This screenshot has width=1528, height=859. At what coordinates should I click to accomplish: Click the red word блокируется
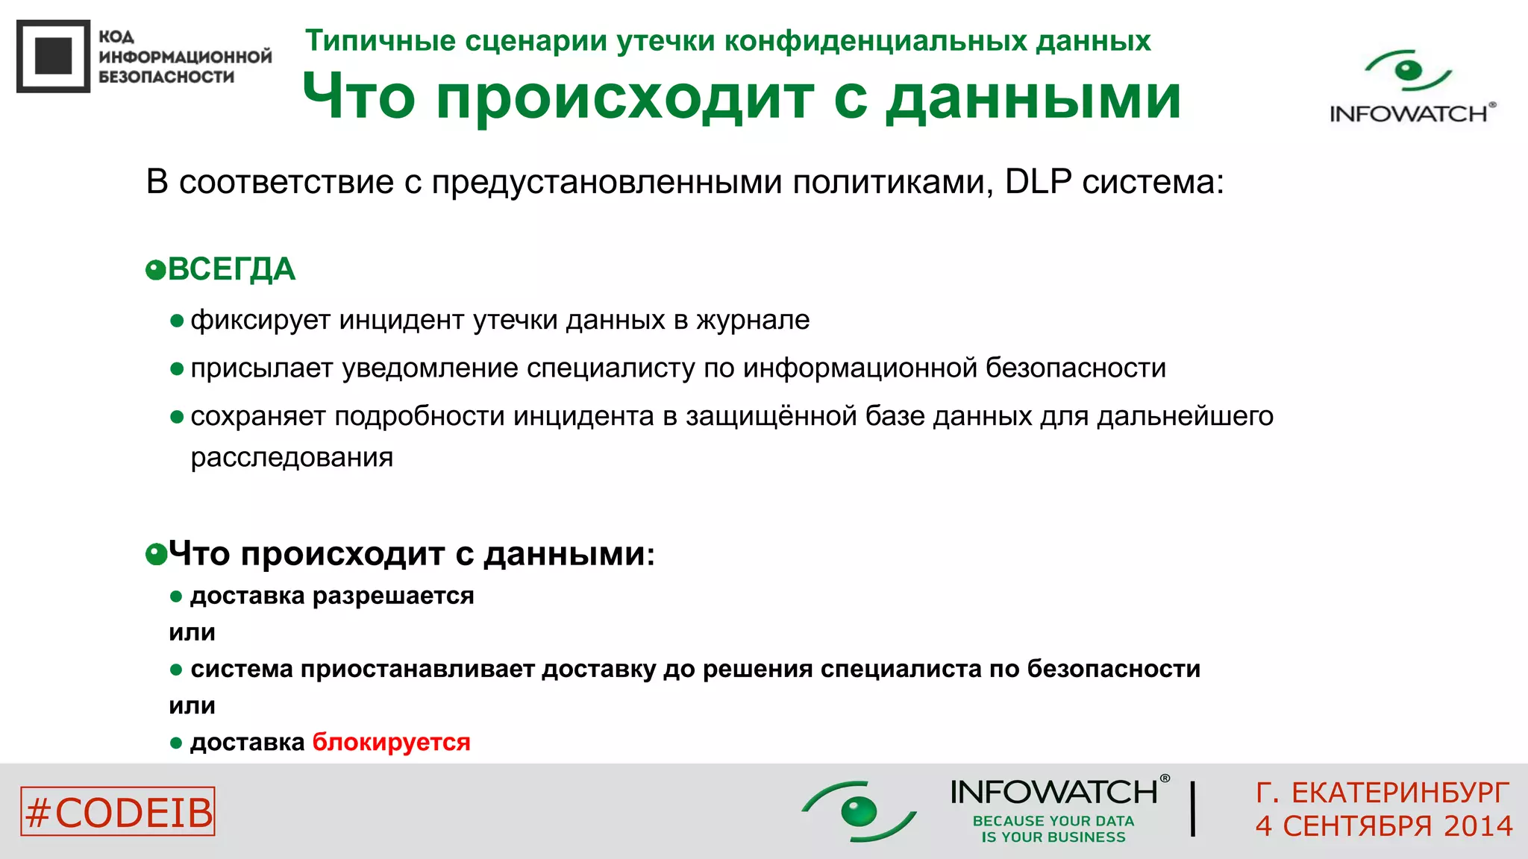[391, 743]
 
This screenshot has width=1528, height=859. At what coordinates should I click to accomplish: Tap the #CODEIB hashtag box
[118, 811]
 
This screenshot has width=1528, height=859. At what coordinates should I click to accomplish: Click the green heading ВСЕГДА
[231, 269]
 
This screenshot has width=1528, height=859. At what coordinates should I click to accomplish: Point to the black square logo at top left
[53, 56]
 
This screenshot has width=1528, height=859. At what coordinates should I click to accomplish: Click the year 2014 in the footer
[1477, 826]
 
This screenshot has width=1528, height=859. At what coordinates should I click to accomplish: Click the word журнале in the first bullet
[753, 320]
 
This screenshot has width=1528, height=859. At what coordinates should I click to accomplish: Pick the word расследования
[292, 457]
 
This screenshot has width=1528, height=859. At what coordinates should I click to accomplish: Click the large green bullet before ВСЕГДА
[156, 270]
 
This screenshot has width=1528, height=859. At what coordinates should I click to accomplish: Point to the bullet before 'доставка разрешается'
[177, 597]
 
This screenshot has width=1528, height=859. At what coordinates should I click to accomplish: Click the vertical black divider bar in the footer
[1193, 808]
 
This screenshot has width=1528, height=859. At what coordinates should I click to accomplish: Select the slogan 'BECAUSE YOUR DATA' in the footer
[1053, 821]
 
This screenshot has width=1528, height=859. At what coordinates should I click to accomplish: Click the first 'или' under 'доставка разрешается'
[192, 632]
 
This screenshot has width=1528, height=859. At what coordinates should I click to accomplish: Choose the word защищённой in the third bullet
[771, 416]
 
